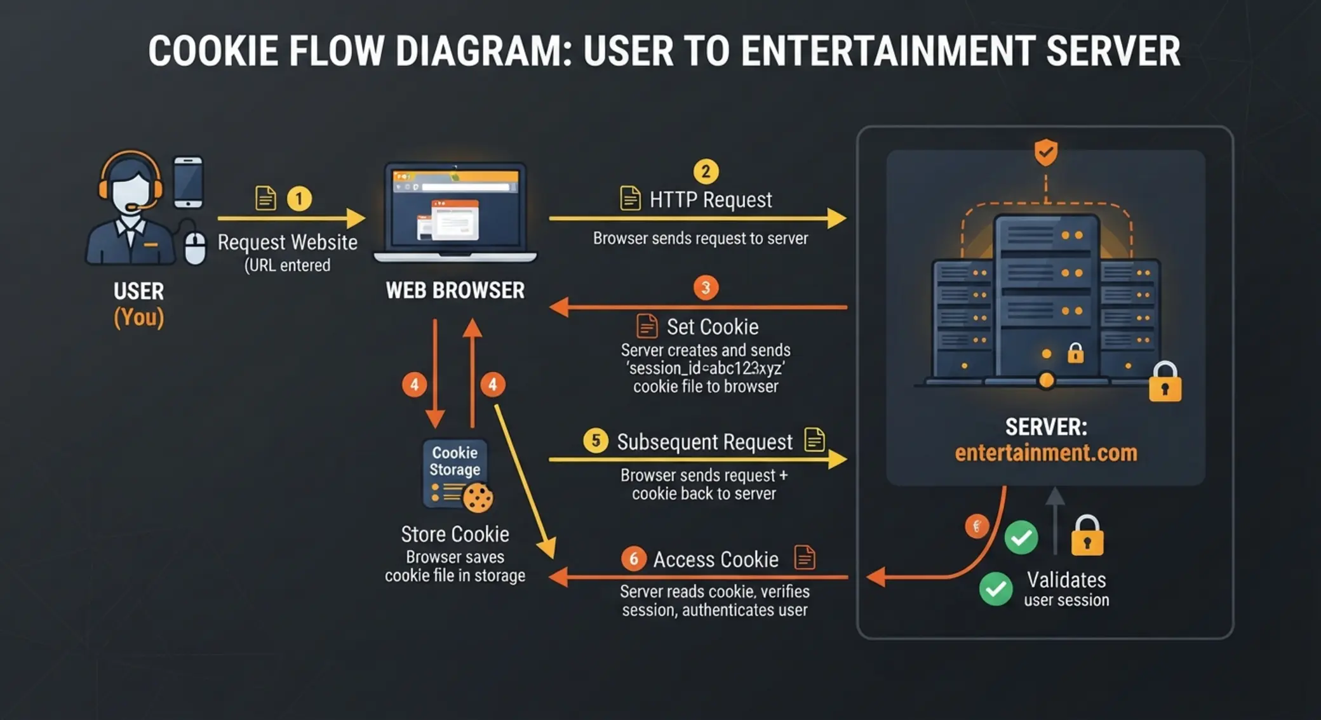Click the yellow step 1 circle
click(299, 199)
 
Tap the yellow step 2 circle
click(706, 171)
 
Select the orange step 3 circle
click(706, 288)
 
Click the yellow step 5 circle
click(596, 441)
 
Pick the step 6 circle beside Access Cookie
click(633, 559)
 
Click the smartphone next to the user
click(189, 182)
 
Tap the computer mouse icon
click(195, 248)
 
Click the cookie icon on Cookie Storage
click(478, 498)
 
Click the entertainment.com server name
click(1046, 453)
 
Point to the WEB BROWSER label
click(455, 291)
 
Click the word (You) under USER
click(139, 317)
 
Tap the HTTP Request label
click(711, 200)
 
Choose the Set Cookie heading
click(713, 327)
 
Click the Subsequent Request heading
click(705, 442)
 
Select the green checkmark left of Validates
click(996, 589)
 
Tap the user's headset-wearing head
click(131, 183)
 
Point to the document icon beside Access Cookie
click(805, 557)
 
